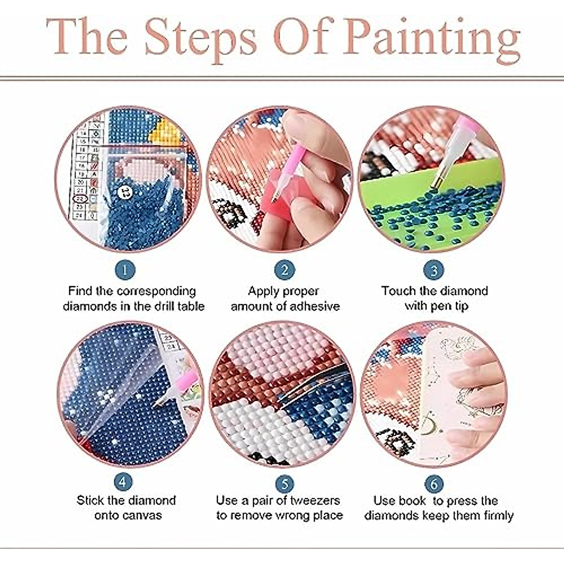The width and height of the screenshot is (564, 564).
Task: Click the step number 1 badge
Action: click(125, 270)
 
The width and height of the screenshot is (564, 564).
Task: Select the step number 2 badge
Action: click(284, 270)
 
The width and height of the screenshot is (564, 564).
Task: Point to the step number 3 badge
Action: click(434, 270)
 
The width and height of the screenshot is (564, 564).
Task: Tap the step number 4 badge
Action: click(123, 482)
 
